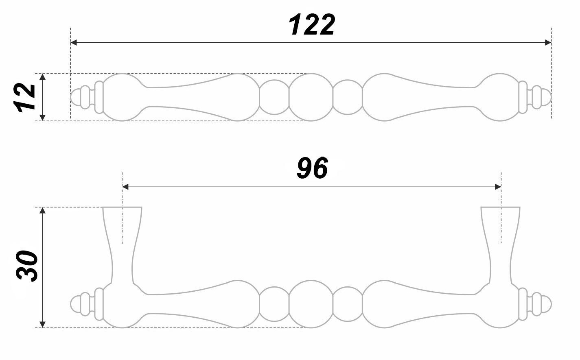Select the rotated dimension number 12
24,98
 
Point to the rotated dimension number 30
27,266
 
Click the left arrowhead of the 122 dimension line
74,42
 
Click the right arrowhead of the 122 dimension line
548,42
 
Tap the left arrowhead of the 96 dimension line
125,187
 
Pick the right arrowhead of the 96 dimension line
498,187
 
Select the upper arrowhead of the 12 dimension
43,76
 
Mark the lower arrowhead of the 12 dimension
43,118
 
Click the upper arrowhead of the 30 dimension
43,210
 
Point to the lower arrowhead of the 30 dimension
43,325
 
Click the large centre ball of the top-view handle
311,97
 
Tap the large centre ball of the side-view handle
311,304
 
